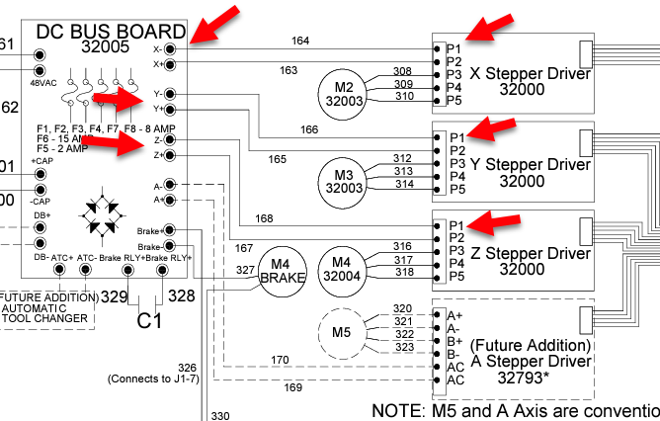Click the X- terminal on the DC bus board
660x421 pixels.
[170, 47]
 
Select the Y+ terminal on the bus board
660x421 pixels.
[170, 109]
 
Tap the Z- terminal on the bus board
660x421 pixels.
[170, 140]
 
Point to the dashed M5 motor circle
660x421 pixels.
[341, 330]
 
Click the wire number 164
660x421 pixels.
[300, 41]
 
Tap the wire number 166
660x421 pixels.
[309, 129]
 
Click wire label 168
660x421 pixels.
[264, 218]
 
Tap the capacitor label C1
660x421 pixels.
[149, 320]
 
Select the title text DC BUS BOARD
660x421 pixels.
[111, 32]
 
